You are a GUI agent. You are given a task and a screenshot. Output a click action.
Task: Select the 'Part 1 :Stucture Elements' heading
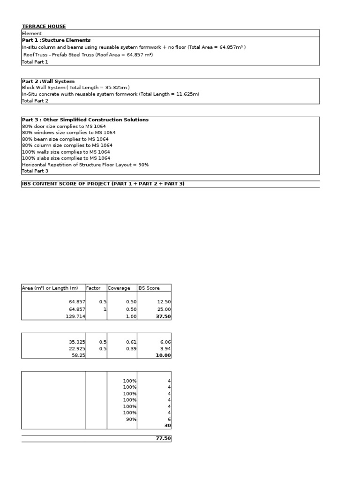[56, 40]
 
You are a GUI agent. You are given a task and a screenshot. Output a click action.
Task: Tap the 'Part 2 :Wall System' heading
[48, 82]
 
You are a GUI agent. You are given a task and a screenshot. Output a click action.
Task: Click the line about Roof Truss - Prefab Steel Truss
[88, 55]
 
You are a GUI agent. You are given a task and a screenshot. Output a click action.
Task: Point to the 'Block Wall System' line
[76, 88]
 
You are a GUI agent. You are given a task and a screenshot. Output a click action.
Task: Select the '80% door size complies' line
[64, 127]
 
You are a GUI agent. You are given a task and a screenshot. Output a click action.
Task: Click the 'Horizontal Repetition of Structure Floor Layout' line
[85, 165]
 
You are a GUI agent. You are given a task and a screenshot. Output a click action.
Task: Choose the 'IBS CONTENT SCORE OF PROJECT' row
[103, 184]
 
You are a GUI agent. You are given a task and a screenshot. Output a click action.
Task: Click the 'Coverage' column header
[119, 288]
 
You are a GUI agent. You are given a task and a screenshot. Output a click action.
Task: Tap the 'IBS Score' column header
[149, 288]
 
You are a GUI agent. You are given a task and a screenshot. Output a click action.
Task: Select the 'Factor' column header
[93, 288]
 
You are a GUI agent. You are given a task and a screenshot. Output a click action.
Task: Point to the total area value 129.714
[75, 317]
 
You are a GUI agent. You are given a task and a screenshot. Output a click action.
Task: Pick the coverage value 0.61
[131, 342]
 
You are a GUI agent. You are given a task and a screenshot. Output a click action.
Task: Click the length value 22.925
[76, 349]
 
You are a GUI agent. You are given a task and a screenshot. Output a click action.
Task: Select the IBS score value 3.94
[165, 349]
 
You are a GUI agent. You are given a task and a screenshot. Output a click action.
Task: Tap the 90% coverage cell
[131, 419]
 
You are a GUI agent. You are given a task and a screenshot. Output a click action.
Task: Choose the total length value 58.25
[78, 355]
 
